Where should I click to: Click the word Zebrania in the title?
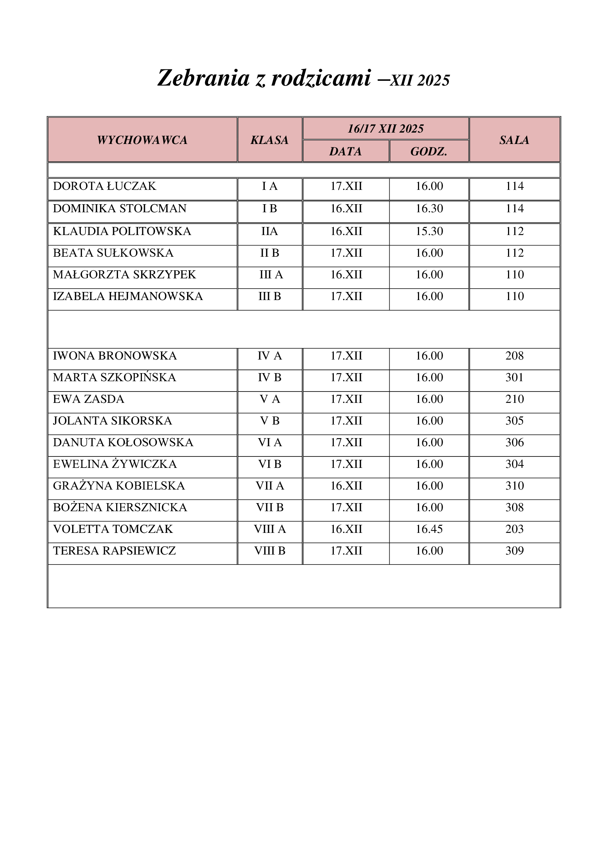(x=203, y=78)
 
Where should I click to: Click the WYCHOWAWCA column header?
(x=142, y=140)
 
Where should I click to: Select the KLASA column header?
(x=269, y=140)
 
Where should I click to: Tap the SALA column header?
(x=514, y=140)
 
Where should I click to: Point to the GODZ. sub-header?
(x=429, y=151)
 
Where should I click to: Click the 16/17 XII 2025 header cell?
(x=386, y=129)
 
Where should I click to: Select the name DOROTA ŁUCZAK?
(x=104, y=186)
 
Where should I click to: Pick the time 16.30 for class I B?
(x=429, y=208)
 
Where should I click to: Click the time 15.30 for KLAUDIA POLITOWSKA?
(x=429, y=231)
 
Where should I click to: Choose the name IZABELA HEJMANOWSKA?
(x=128, y=296)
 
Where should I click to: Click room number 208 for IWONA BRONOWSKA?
(x=514, y=355)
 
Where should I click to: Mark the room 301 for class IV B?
(x=514, y=377)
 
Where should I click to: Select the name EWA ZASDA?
(x=88, y=399)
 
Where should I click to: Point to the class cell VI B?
(x=269, y=464)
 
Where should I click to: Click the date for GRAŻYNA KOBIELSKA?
(x=346, y=486)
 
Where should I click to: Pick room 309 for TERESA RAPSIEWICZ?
(x=514, y=551)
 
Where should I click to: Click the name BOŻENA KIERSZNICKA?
(x=120, y=507)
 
